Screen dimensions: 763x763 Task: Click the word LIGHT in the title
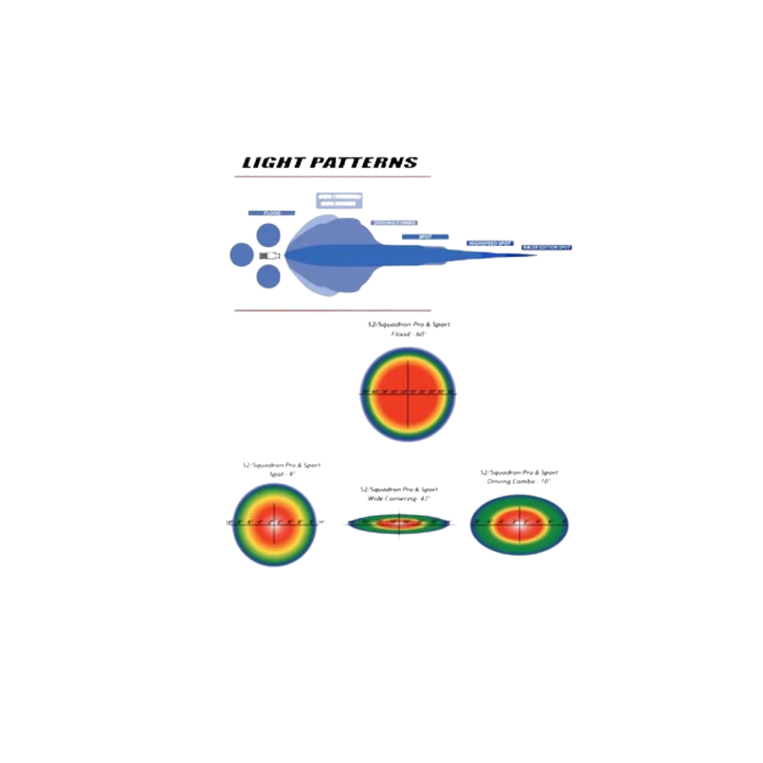(271, 162)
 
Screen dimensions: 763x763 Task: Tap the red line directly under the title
(332, 178)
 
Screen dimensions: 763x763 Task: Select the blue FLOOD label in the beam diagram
(264, 213)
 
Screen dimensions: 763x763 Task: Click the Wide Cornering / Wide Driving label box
(339, 199)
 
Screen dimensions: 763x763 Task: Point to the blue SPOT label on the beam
(426, 237)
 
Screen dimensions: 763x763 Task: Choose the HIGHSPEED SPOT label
(489, 243)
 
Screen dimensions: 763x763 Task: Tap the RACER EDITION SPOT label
(546, 248)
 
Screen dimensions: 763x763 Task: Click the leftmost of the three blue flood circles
(240, 255)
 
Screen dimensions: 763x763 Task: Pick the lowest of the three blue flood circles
(268, 277)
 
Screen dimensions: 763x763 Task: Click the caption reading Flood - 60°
(410, 333)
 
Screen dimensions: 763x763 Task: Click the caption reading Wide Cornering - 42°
(399, 498)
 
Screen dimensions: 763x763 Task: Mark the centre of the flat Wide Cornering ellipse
(399, 524)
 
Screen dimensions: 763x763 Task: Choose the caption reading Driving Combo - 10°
(520, 480)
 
